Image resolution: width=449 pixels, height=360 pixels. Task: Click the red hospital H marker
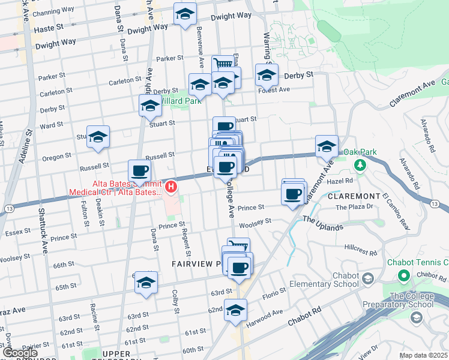pos(171,187)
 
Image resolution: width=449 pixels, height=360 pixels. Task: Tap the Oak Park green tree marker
pos(360,164)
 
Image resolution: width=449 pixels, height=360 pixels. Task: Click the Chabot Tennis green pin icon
pos(404,275)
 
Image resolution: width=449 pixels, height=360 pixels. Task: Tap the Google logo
pos(20,353)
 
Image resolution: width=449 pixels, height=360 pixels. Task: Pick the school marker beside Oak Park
pos(327,146)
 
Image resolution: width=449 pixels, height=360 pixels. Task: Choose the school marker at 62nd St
pos(236,310)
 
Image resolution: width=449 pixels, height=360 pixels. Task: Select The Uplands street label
pos(322,223)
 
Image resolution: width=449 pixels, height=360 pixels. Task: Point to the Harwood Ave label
pos(270,313)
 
